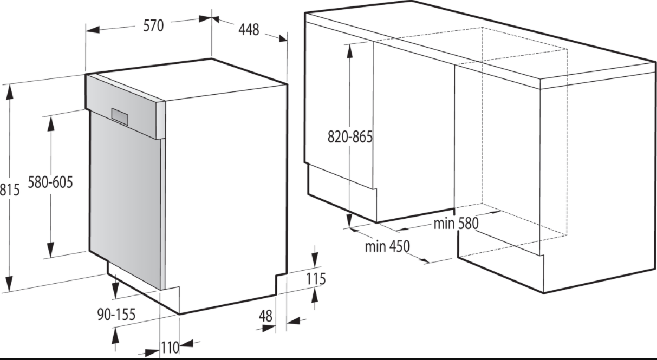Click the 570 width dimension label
pos(153,26)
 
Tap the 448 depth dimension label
pos(249,30)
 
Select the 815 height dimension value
pos(10,189)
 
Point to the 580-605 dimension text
pos(50,182)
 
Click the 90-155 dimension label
pos(116,315)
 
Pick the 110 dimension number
pos(170,348)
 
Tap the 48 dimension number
pos(266,316)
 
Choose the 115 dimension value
pos(316,279)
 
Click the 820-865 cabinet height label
pos(350,137)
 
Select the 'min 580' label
pos(456,224)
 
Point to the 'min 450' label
pos(387,246)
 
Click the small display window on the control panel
pos(120,117)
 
